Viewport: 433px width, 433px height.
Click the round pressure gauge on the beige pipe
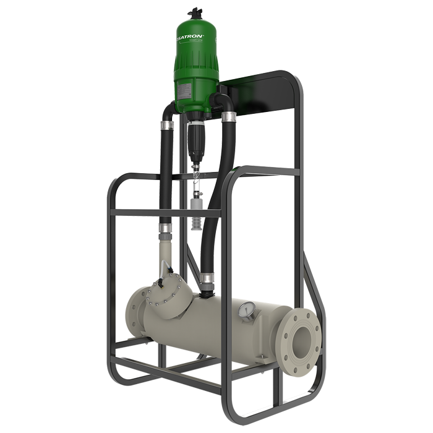click(x=247, y=310)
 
